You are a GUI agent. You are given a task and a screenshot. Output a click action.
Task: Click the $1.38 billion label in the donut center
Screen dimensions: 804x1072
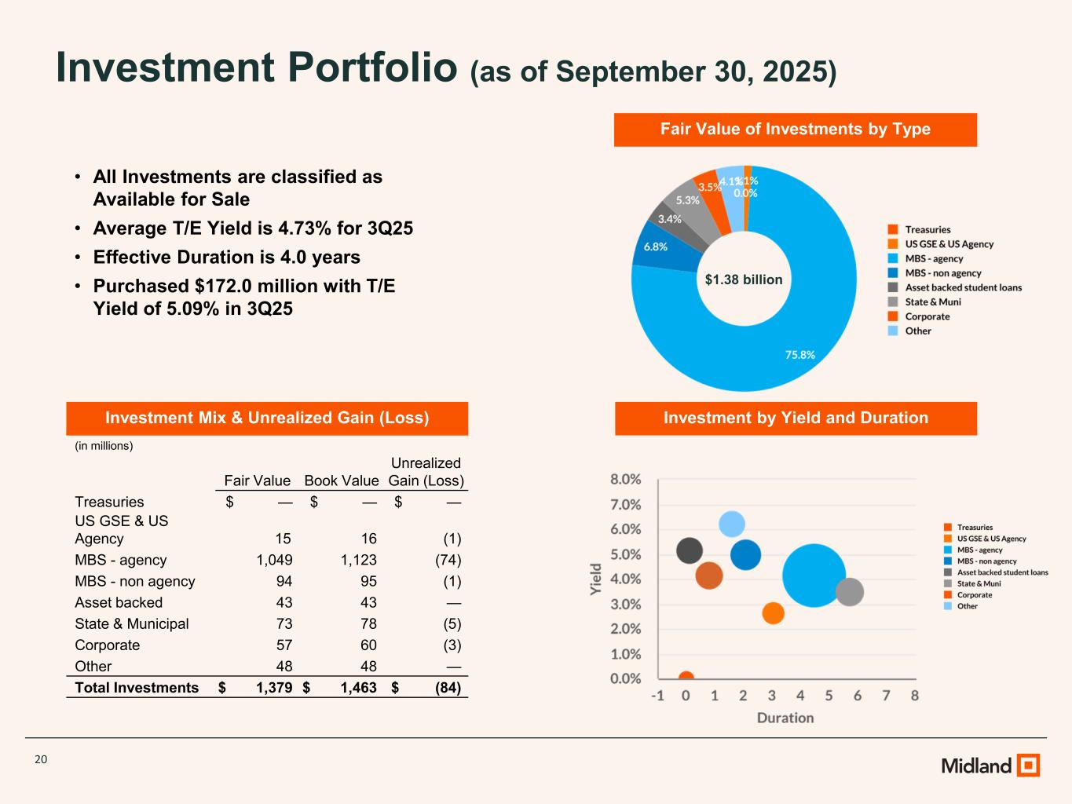[x=743, y=280]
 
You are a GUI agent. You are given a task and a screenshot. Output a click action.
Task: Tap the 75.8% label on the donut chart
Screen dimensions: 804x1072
[x=800, y=355]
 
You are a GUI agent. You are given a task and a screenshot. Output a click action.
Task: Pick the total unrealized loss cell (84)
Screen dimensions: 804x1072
[x=448, y=688]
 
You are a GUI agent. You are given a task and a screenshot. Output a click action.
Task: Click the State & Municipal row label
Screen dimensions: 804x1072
[x=132, y=624]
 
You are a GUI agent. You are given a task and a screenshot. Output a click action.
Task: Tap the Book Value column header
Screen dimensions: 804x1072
[x=341, y=481]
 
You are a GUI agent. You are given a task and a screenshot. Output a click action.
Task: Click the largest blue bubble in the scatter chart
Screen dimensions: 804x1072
[x=814, y=576]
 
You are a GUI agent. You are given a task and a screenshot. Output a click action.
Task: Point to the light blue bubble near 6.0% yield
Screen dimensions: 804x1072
[x=732, y=523]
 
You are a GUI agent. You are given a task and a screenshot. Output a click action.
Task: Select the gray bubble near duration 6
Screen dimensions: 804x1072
[x=850, y=591]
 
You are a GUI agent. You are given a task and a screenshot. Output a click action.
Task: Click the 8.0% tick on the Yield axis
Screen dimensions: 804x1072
[x=626, y=479]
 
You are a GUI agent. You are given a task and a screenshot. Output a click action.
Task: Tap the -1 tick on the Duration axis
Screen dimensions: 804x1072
[x=657, y=696]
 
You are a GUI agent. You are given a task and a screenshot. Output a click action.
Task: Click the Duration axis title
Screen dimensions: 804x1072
[x=785, y=718]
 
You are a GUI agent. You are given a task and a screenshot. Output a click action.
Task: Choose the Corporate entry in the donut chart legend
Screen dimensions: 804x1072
[x=927, y=316]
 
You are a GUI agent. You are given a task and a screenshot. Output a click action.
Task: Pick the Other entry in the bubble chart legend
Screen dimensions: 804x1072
[x=967, y=606]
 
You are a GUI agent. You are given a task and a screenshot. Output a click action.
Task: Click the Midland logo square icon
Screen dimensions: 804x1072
[x=1028, y=765]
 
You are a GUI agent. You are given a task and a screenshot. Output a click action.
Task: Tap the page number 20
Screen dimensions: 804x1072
[x=41, y=759]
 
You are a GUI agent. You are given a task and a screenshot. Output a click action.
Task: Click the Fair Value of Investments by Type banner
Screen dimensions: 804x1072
[x=795, y=130]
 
